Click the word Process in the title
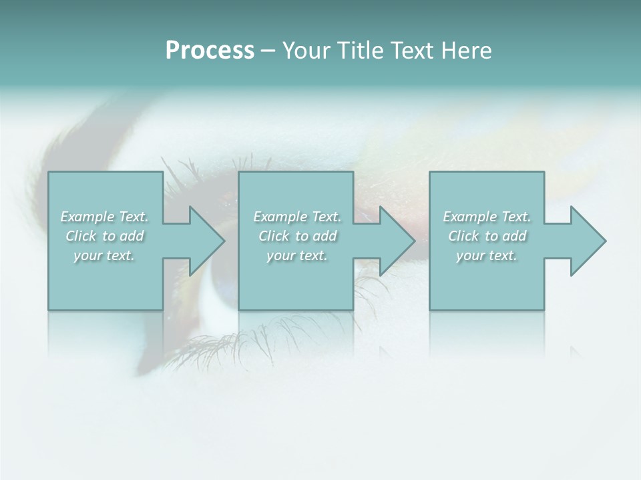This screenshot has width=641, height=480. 210,51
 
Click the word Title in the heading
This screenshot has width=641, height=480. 359,51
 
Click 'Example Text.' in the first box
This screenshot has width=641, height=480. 105,217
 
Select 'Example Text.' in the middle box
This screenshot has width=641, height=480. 297,217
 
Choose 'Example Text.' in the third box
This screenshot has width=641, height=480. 487,217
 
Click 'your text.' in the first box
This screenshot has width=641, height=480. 104,255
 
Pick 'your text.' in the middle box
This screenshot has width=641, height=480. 296,255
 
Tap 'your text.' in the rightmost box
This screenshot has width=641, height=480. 486,255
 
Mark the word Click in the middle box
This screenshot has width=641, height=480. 273,236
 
